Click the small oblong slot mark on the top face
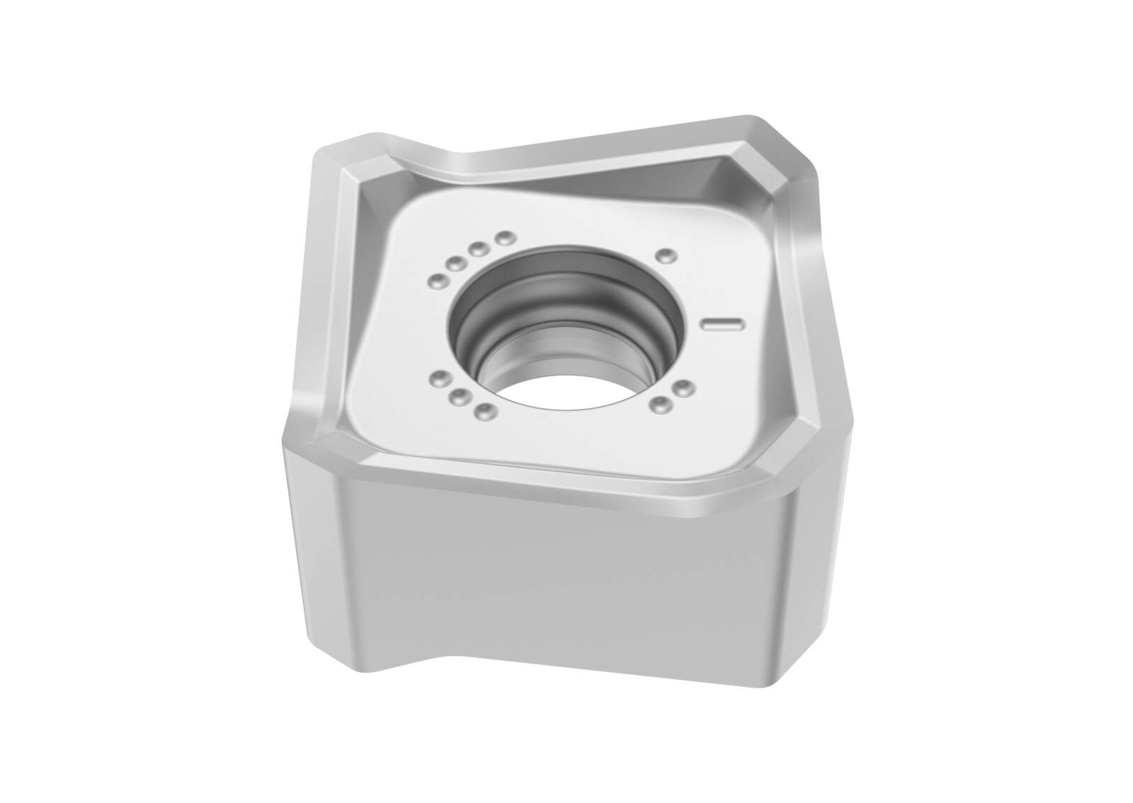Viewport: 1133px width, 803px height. (722, 324)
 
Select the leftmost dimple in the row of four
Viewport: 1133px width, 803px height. (437, 282)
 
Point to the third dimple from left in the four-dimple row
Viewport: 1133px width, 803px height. (479, 249)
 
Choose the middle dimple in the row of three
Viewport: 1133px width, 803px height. (461, 395)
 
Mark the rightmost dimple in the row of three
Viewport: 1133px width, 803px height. (484, 410)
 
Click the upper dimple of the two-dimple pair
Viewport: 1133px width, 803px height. (683, 387)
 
